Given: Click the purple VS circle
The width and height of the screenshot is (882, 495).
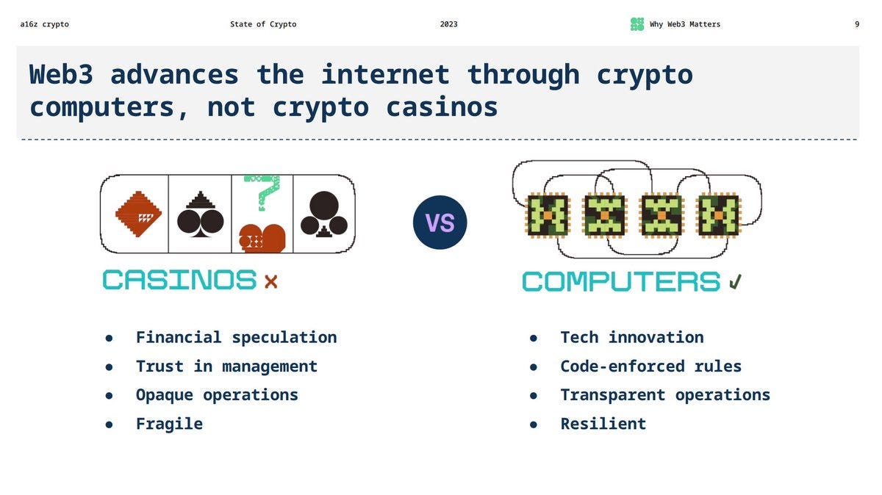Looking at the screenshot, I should point(440,223).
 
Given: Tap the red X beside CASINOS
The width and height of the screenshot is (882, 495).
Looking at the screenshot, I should point(270,281).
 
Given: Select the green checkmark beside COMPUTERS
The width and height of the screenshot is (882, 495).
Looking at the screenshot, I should point(735,282).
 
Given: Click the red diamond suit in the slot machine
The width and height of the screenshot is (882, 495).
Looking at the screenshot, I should point(138,214).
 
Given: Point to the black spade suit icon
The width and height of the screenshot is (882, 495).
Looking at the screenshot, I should point(200,214).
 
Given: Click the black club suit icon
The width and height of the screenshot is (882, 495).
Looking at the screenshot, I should point(323,214).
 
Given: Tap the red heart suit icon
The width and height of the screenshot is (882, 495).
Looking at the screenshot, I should point(262,238).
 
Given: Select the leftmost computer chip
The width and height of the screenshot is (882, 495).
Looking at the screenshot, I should point(548,215).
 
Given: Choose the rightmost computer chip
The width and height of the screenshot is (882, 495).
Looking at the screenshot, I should point(718,215).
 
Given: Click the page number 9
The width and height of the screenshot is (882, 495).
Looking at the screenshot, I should point(856,24).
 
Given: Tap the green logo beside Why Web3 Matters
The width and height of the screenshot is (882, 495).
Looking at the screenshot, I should point(637,24).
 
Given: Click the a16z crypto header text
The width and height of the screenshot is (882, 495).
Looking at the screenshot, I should point(44,24).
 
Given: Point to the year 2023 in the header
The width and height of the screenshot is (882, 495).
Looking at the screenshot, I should point(448,24).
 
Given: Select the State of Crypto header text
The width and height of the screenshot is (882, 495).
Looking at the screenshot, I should point(263,24).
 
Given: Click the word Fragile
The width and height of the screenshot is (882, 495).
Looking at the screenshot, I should point(169,424).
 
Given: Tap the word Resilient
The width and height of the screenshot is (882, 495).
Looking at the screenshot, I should point(603,424).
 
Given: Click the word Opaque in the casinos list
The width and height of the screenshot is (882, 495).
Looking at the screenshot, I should point(164,395).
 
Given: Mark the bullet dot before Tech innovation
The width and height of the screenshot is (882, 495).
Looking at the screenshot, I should point(534,338).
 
